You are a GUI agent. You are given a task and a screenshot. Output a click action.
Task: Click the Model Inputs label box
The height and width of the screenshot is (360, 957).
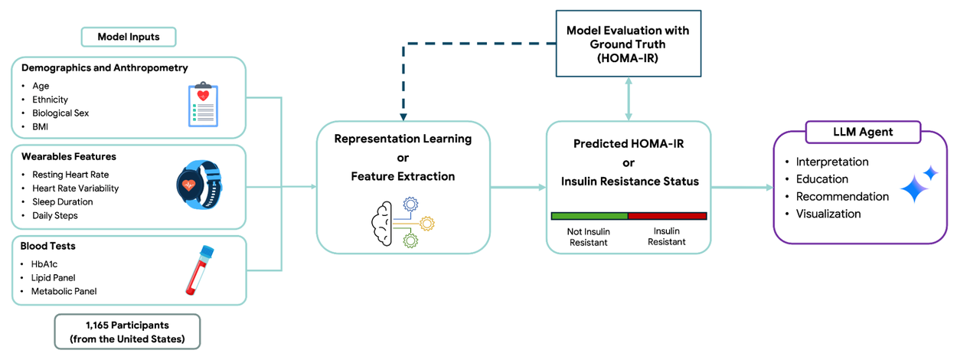(129, 37)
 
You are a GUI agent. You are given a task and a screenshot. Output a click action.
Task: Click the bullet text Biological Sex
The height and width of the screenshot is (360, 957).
(60, 113)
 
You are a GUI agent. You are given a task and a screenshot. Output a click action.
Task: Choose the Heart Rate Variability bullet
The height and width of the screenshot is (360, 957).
(76, 188)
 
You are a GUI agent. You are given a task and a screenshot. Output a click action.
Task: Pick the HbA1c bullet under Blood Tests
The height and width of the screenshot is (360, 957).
(45, 264)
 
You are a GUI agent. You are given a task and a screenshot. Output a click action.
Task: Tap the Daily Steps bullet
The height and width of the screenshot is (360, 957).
(55, 216)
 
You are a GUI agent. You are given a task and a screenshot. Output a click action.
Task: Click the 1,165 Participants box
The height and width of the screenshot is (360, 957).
(127, 332)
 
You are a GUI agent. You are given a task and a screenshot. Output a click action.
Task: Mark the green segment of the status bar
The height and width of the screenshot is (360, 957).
(590, 216)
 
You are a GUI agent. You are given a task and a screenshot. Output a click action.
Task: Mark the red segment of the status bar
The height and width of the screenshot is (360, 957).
(668, 216)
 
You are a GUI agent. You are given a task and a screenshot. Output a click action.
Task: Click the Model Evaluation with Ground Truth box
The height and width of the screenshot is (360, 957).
(628, 44)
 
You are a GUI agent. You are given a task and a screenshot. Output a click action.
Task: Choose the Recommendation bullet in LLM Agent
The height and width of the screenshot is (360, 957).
(842, 197)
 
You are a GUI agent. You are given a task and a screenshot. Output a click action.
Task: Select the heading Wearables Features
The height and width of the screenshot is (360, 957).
(69, 157)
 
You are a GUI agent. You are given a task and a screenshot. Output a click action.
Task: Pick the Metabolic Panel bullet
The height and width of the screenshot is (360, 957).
(64, 292)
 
